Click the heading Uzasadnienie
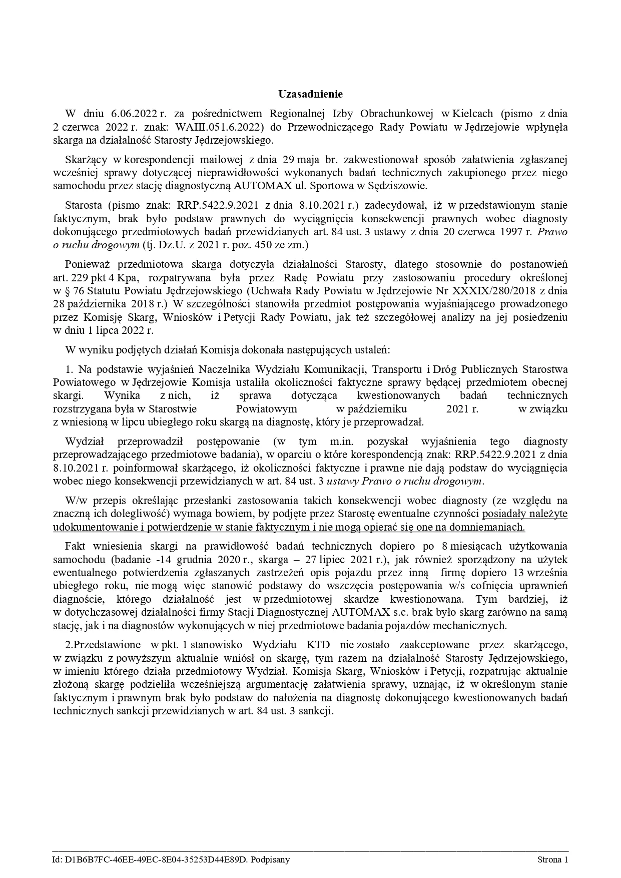310,94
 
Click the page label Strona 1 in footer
552,860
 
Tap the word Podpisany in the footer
271,860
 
